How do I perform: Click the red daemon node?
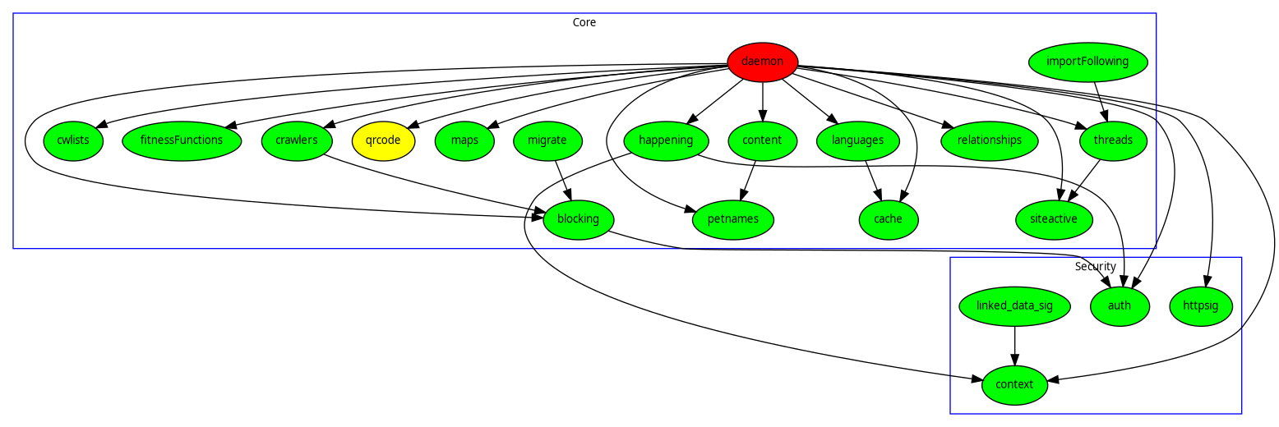[x=762, y=62]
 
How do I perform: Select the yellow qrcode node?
[x=383, y=140]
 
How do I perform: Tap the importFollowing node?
[x=1087, y=62]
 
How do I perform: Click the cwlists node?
[x=73, y=140]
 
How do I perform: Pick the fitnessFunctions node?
[x=181, y=140]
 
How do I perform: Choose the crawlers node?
[x=296, y=140]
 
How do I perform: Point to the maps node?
[x=464, y=140]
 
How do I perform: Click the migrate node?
[x=547, y=140]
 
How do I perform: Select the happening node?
[x=666, y=140]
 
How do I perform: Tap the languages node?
[x=857, y=140]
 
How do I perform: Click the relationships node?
[x=989, y=140]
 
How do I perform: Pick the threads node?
[x=1112, y=140]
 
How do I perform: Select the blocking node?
[x=578, y=219]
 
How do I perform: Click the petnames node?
[x=733, y=219]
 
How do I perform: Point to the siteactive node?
[x=1053, y=219]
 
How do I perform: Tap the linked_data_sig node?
[x=1014, y=306]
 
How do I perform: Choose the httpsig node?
[x=1201, y=306]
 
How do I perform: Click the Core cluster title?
[x=584, y=22]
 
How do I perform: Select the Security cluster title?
[x=1095, y=266]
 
